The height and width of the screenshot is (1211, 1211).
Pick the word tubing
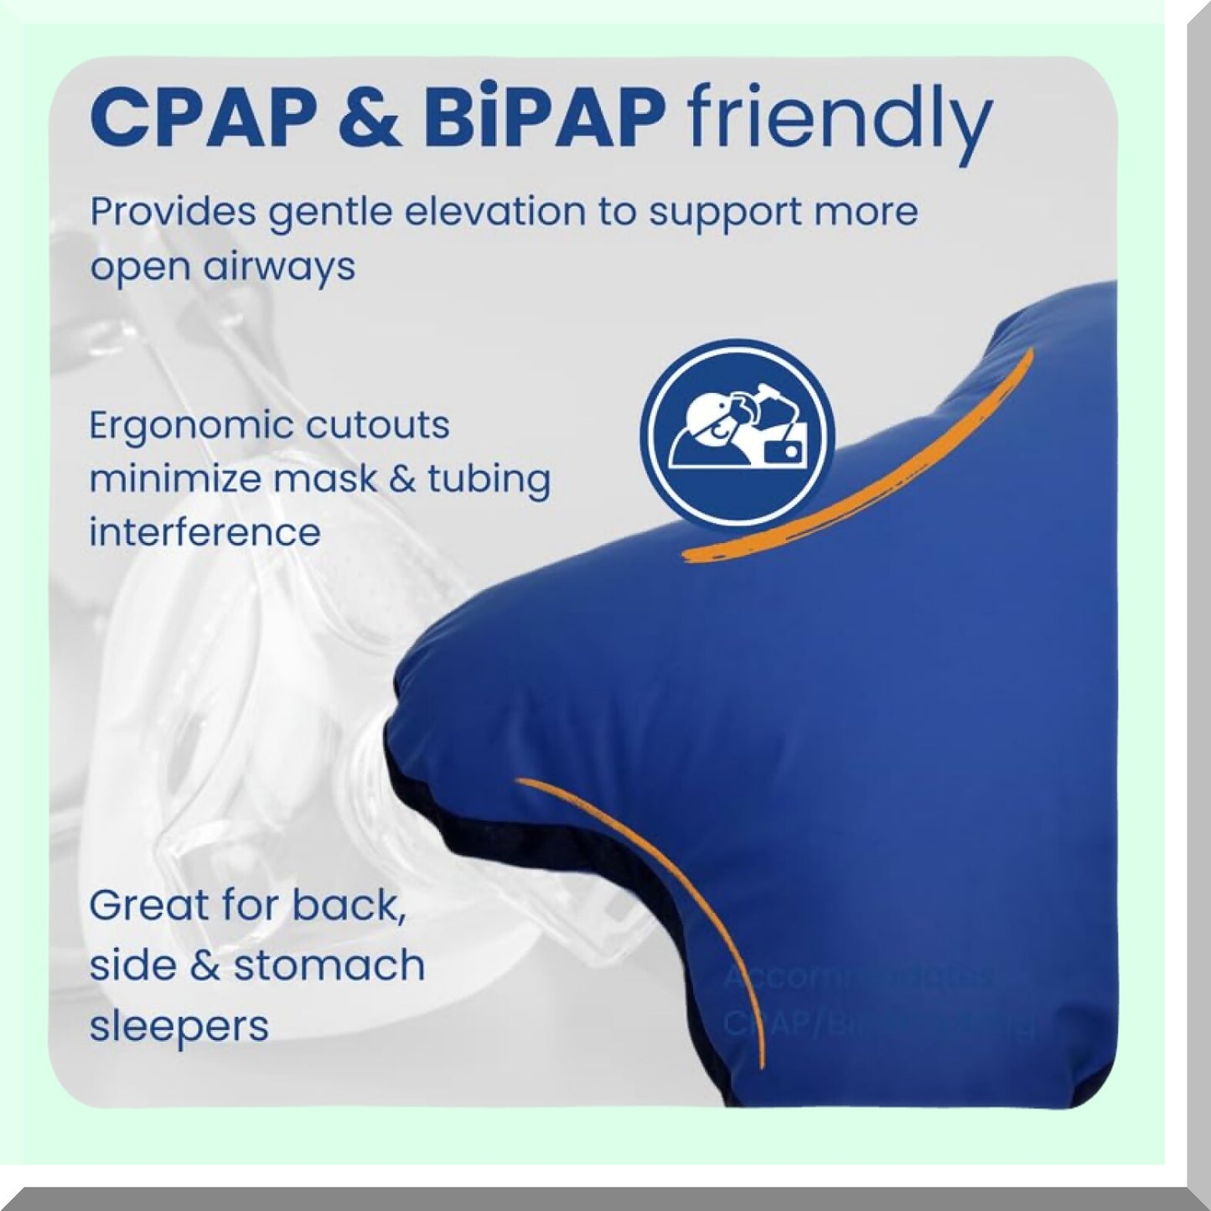[x=489, y=480]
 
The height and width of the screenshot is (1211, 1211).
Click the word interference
[x=204, y=532]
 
